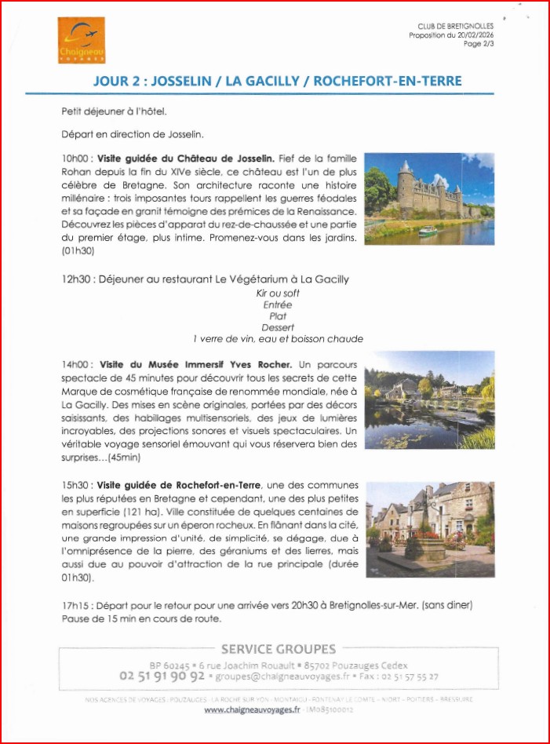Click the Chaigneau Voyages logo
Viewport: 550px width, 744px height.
tap(81, 41)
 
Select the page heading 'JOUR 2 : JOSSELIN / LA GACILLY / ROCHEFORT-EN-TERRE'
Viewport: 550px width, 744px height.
tap(277, 81)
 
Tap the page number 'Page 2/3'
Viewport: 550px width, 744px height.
tap(479, 45)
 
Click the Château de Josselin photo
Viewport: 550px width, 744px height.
tap(429, 199)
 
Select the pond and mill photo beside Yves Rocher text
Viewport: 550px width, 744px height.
tap(429, 399)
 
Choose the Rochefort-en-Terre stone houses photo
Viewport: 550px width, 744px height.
tap(429, 529)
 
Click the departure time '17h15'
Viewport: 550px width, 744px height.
tap(75, 606)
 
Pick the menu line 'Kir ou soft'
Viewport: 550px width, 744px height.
tap(278, 294)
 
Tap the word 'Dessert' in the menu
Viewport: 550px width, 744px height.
tap(278, 327)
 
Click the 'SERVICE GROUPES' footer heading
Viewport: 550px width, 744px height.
tap(278, 649)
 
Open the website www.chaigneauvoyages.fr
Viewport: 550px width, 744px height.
tap(252, 709)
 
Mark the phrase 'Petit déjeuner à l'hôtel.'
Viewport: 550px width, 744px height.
tap(114, 111)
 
